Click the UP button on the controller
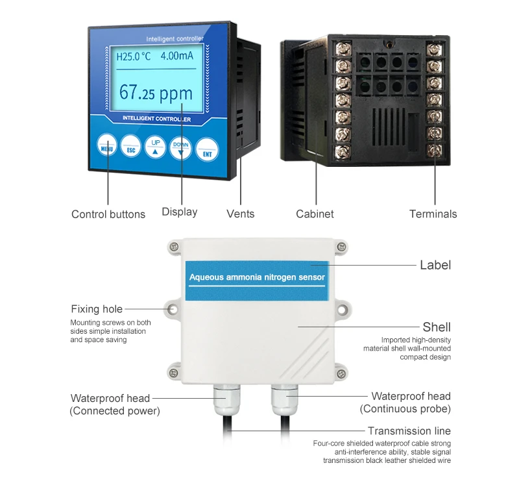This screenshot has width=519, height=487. pyautogui.click(x=156, y=147)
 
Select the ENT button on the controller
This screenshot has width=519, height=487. pyautogui.click(x=207, y=149)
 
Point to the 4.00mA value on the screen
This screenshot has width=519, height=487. pyautogui.click(x=177, y=56)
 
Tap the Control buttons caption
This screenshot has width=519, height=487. pyautogui.click(x=108, y=214)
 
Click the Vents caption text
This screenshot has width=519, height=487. pyautogui.click(x=240, y=214)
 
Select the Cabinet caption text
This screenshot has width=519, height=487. pyautogui.click(x=315, y=214)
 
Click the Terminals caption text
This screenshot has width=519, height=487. pyautogui.click(x=433, y=214)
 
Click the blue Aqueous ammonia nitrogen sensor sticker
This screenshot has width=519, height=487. pyautogui.click(x=257, y=277)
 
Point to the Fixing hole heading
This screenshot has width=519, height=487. pyautogui.click(x=97, y=309)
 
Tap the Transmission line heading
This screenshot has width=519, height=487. pyautogui.click(x=409, y=431)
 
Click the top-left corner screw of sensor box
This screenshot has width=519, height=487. pyautogui.click(x=173, y=247)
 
